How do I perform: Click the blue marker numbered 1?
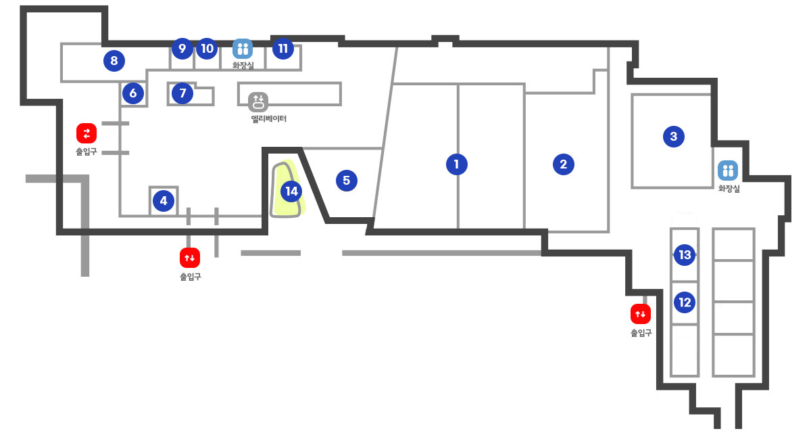click(x=457, y=164)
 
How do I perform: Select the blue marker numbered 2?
click(x=564, y=164)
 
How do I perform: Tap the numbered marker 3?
click(x=673, y=136)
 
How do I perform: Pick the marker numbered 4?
click(x=164, y=201)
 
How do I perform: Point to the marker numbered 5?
click(x=347, y=181)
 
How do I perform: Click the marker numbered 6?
click(x=133, y=93)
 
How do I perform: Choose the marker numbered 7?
click(x=182, y=93)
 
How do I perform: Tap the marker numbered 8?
click(x=114, y=60)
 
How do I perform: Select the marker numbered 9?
click(x=182, y=48)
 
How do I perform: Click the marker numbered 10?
click(x=207, y=48)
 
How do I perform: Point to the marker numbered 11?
click(x=282, y=48)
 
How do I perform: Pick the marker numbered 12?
click(x=685, y=302)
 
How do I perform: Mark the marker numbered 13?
click(x=685, y=255)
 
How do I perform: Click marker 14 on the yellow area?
click(x=291, y=191)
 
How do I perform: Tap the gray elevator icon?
click(x=258, y=101)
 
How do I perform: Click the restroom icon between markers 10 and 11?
click(x=243, y=49)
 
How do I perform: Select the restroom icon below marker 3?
click(x=728, y=170)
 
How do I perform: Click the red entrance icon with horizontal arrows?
click(x=87, y=133)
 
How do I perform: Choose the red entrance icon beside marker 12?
click(x=641, y=314)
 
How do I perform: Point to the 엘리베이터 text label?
click(x=269, y=118)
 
